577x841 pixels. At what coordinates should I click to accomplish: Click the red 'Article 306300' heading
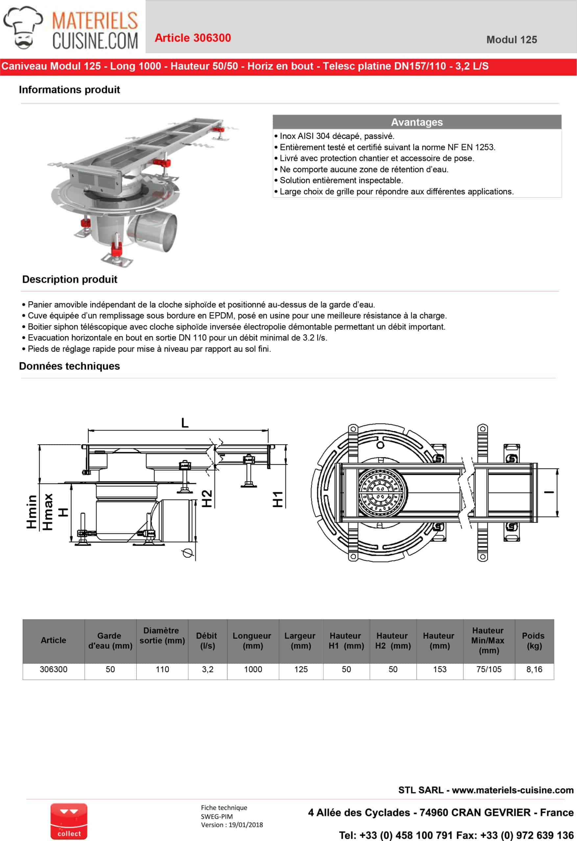pos(193,38)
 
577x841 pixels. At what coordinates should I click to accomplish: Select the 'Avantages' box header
pos(417,122)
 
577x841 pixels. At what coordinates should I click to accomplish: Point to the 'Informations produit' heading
pos(69,90)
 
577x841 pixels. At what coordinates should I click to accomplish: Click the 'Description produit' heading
pos(70,279)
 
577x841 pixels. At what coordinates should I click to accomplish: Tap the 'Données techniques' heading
pos(69,366)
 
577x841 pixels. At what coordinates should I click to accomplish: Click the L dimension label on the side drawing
pos(185,423)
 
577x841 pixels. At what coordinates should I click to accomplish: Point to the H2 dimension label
pos(206,498)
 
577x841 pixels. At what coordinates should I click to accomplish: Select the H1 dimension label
pos(277,499)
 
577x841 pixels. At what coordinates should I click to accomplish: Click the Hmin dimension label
pos(32,512)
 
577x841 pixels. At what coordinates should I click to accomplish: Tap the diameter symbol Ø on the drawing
pos(187,553)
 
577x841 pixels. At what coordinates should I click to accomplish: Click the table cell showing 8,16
pos(534,670)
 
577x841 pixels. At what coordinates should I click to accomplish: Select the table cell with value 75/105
pos(489,670)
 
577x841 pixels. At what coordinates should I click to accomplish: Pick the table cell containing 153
pos(439,670)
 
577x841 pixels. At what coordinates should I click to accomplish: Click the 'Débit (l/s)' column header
pos(207,641)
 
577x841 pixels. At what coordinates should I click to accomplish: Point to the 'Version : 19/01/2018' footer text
pos(232,825)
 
